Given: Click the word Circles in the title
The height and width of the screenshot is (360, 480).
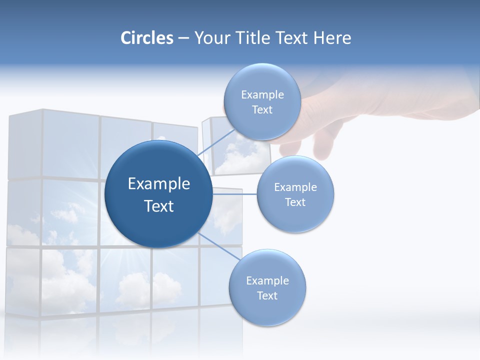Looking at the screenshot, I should pyautogui.click(x=146, y=38).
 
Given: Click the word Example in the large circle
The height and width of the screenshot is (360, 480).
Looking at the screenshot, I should pyautogui.click(x=159, y=184).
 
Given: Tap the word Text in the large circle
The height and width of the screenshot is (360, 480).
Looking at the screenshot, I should pyautogui.click(x=159, y=206).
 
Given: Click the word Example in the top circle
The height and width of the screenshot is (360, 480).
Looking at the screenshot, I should pyautogui.click(x=262, y=94).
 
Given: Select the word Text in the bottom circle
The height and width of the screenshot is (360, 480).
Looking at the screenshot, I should pyautogui.click(x=267, y=295).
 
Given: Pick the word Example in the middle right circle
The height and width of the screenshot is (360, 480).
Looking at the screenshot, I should pyautogui.click(x=295, y=187).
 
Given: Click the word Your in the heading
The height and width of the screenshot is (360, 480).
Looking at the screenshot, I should pyautogui.click(x=210, y=38).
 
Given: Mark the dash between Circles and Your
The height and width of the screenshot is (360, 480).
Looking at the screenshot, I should pyautogui.click(x=183, y=38).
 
